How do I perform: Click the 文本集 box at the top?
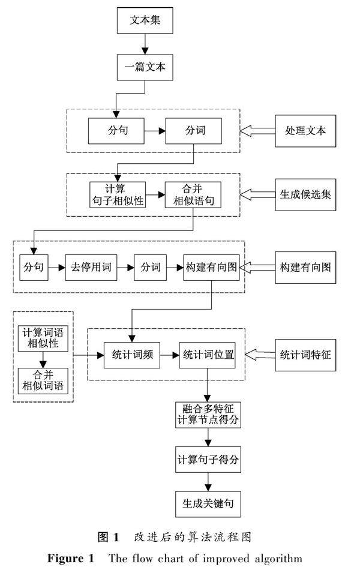[x=145, y=21]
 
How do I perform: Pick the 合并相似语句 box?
[x=193, y=195]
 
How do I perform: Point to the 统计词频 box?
[x=131, y=355]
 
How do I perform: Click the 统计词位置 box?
[x=207, y=355]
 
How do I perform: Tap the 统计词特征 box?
[x=305, y=354]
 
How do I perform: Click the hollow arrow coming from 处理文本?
[x=256, y=130]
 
